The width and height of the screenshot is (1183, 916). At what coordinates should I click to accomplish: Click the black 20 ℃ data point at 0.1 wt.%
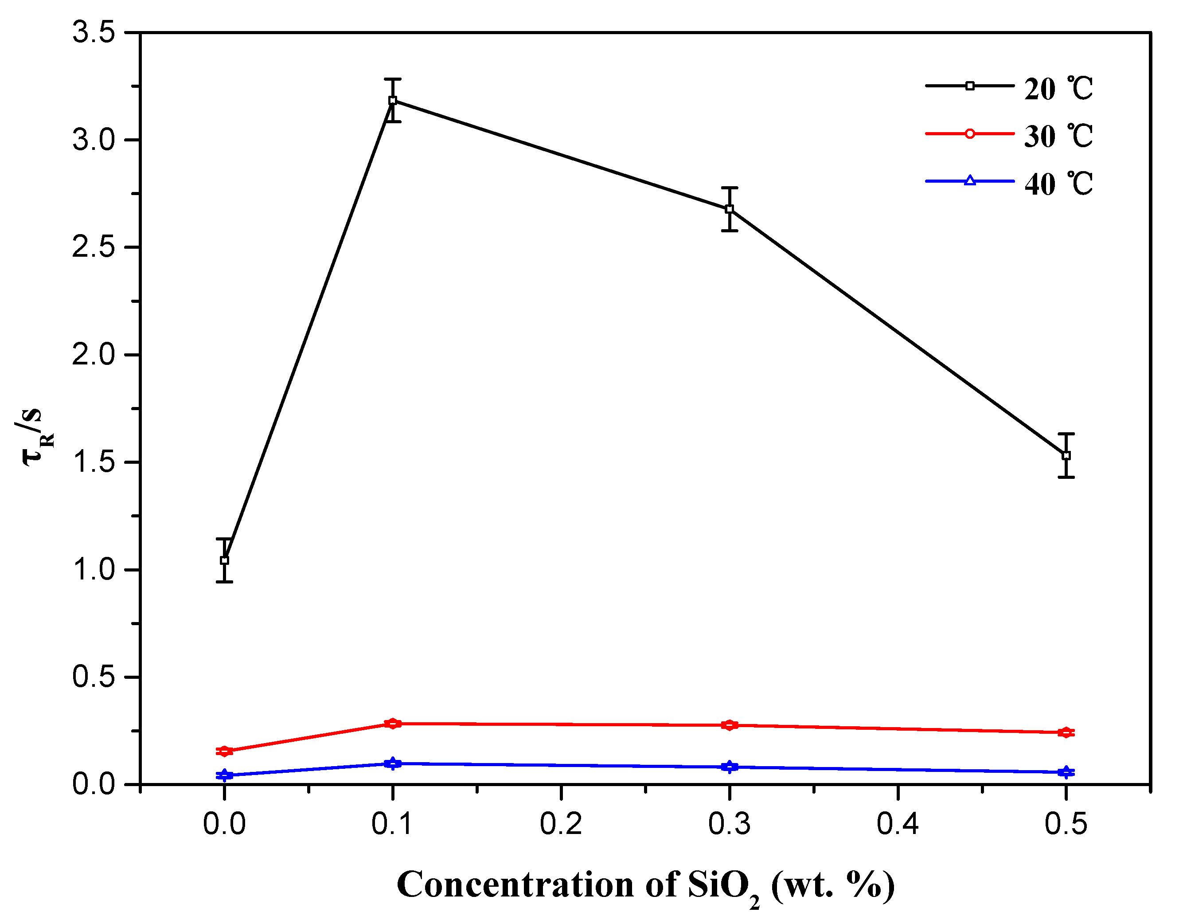[393, 101]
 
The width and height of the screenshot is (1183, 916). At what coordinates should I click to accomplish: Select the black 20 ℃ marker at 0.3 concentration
[730, 209]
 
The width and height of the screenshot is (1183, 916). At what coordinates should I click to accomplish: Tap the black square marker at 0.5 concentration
[1066, 456]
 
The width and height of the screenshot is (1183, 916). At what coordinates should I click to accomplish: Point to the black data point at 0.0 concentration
[224, 560]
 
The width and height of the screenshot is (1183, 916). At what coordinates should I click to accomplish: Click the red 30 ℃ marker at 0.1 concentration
[393, 724]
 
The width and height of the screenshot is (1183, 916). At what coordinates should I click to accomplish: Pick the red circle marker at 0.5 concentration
[1066, 732]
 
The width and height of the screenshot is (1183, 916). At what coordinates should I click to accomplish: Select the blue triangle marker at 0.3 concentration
[730, 767]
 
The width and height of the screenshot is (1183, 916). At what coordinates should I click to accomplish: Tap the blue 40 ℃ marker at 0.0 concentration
[224, 775]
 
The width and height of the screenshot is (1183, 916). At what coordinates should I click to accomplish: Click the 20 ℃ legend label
[1058, 89]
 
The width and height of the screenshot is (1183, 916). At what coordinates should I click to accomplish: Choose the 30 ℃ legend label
[1058, 136]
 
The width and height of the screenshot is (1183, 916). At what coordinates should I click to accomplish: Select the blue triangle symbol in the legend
[970, 181]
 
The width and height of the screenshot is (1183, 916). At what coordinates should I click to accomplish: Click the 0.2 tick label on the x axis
[561, 824]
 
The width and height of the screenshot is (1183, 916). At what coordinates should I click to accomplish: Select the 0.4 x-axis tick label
[898, 824]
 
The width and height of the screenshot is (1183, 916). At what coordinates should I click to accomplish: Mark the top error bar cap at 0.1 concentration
[393, 79]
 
